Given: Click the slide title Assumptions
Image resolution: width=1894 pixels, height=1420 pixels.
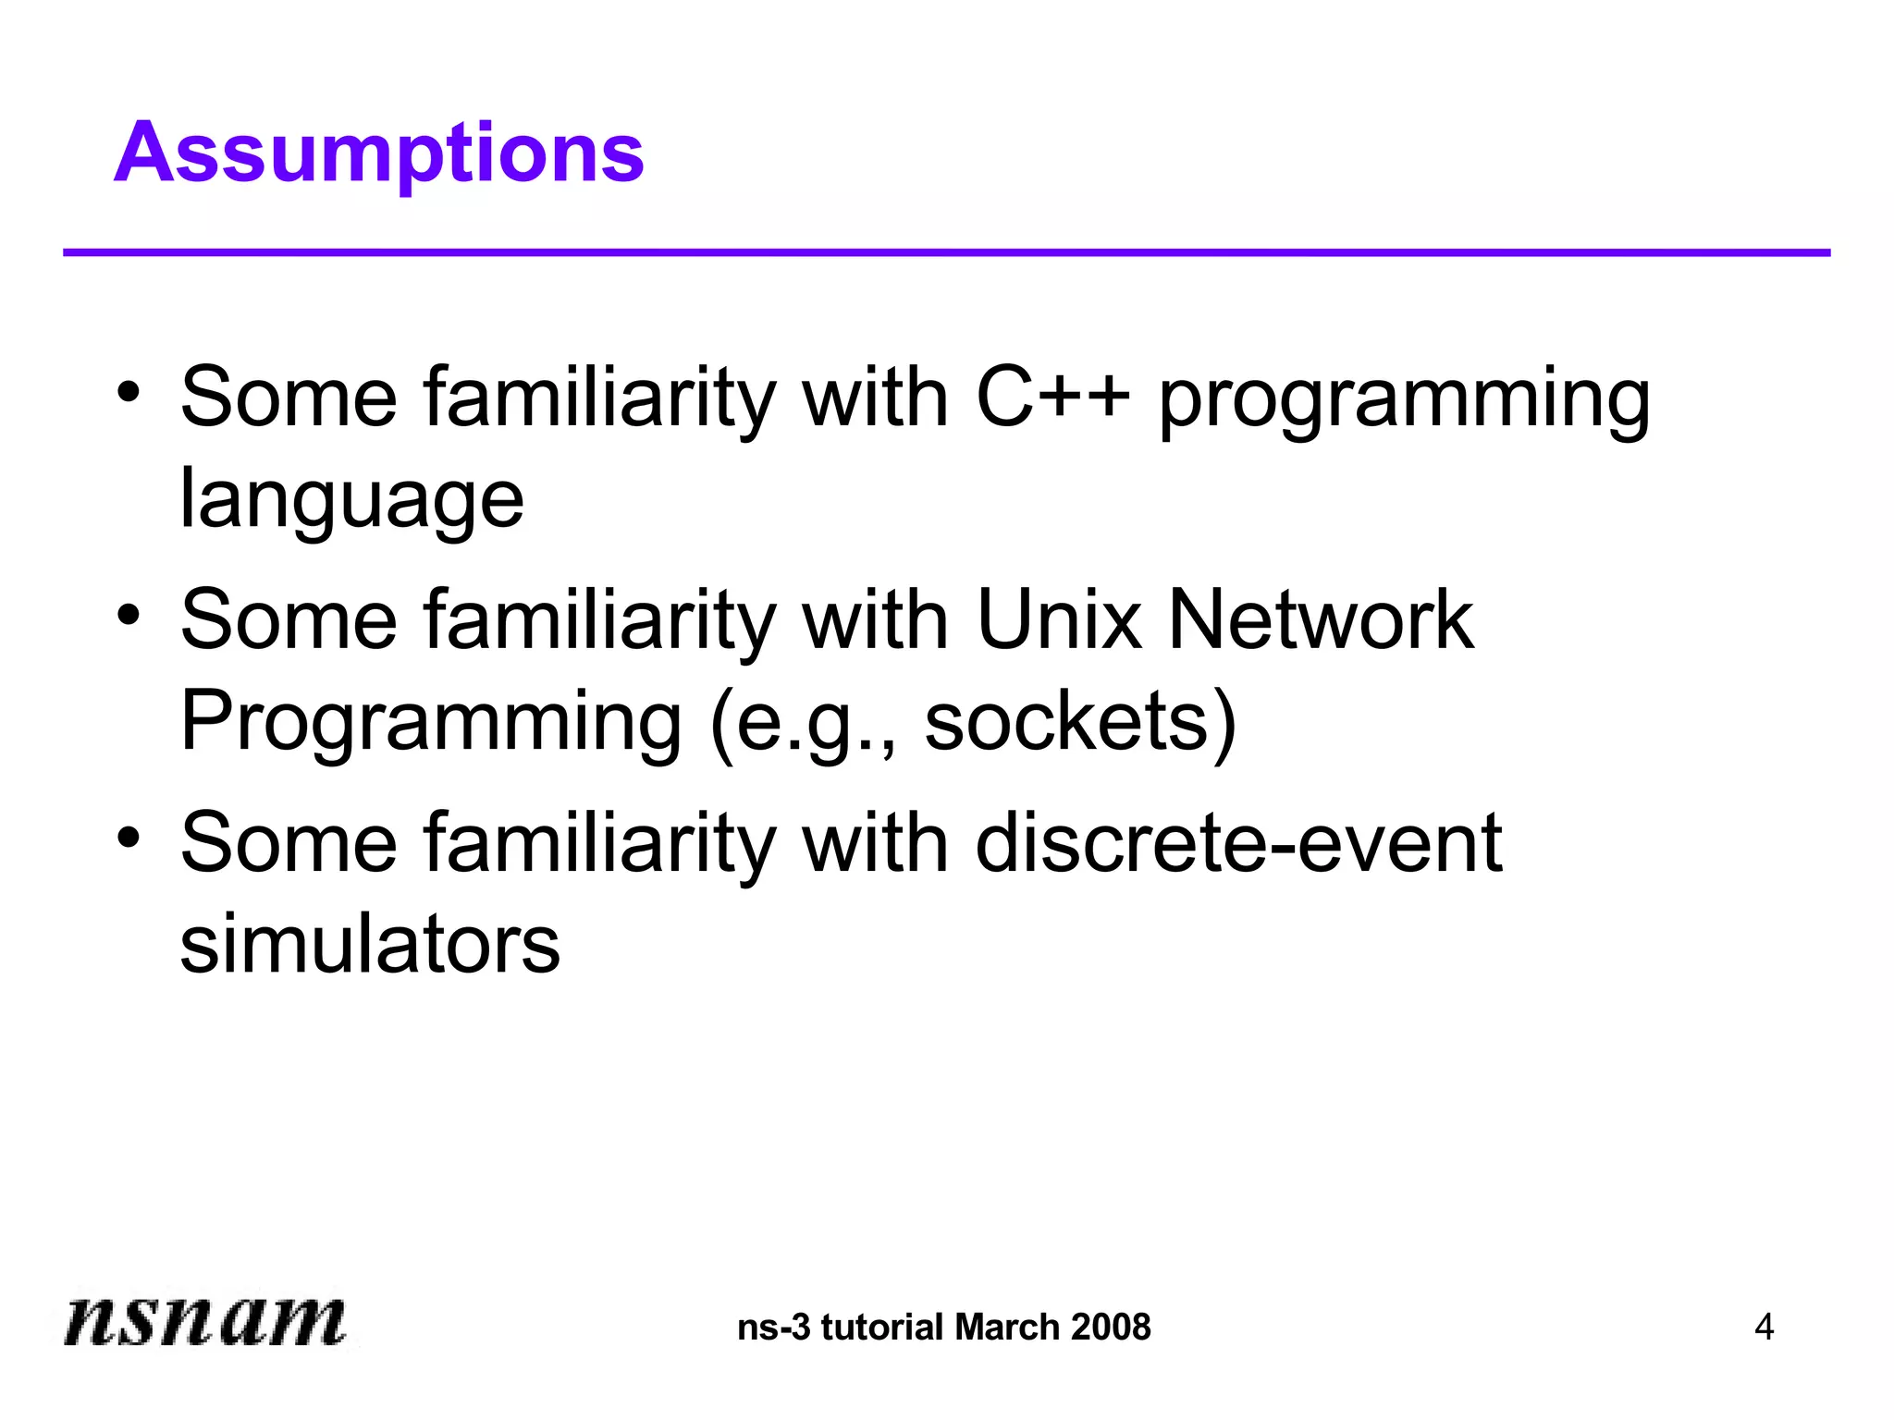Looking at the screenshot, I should tap(379, 153).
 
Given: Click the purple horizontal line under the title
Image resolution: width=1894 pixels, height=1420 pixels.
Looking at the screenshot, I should tap(945, 252).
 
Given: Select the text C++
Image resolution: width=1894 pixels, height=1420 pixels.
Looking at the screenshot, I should tap(1052, 398).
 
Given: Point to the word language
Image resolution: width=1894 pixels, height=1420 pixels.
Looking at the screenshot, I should tap(351, 500).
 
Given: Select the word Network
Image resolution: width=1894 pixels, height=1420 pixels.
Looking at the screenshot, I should tap(1320, 620).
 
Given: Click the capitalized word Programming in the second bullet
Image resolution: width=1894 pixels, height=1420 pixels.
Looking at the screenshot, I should tap(431, 723).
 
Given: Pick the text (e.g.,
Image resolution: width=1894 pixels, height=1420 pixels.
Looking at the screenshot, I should tap(803, 723).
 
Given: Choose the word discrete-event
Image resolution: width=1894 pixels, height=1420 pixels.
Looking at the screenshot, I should tap(1238, 843).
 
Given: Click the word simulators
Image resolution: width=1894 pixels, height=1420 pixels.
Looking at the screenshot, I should tap(370, 945).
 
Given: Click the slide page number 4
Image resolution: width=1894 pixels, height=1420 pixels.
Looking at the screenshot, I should tap(1764, 1328).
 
